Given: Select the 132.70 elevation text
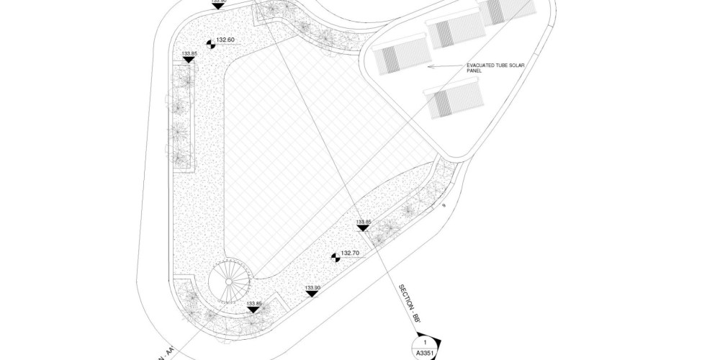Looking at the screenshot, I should tap(351, 253).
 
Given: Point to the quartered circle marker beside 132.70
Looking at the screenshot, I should tap(335, 256).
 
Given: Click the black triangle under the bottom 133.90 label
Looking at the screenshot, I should tap(312, 295).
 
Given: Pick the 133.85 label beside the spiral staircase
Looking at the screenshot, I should tap(253, 303).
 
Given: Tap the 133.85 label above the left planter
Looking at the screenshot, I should tap(189, 53).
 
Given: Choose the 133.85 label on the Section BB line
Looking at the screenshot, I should tap(364, 222).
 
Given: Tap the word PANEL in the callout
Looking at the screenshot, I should tap(475, 72).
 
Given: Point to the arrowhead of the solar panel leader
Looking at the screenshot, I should tap(431, 66).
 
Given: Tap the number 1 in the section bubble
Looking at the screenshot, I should tap(425, 342).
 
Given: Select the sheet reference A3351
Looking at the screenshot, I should tap(425, 354).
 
